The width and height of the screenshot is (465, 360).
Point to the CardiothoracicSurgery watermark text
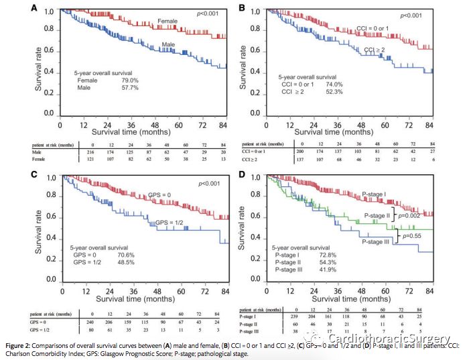coord(402,340)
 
